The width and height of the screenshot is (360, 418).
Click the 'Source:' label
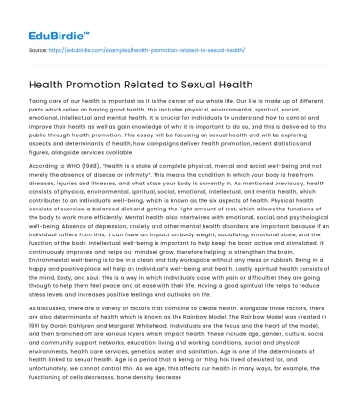(39, 47)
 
